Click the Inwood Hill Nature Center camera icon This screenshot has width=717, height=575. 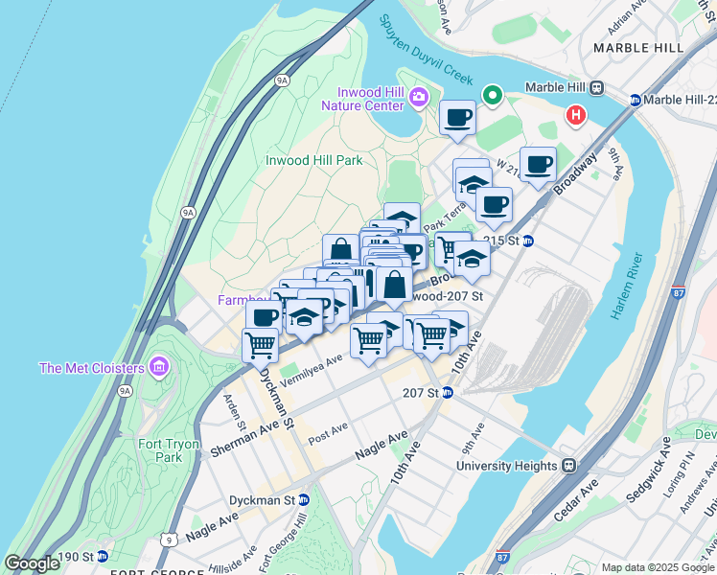(419, 98)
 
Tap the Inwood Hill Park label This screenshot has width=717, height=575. (313, 160)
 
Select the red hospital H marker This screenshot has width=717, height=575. (575, 116)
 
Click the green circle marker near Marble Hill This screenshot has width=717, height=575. (493, 95)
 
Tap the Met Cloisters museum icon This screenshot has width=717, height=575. (159, 367)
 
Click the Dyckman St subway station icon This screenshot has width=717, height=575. (304, 500)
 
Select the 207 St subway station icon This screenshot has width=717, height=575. (447, 393)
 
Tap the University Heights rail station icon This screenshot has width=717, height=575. (568, 466)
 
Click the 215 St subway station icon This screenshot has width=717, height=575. (527, 241)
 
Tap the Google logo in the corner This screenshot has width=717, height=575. (32, 563)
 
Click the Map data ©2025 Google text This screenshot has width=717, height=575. (657, 567)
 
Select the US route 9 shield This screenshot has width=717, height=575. (169, 541)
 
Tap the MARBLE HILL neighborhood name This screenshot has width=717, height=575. (638, 47)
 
